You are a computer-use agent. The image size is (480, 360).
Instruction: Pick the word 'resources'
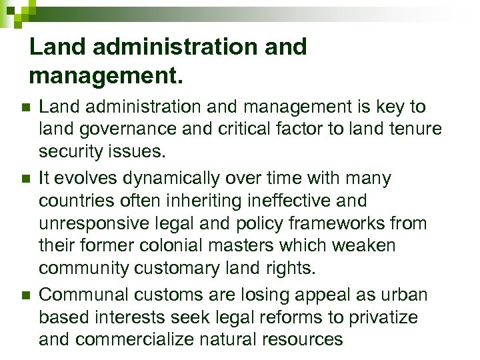click(x=303, y=339)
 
